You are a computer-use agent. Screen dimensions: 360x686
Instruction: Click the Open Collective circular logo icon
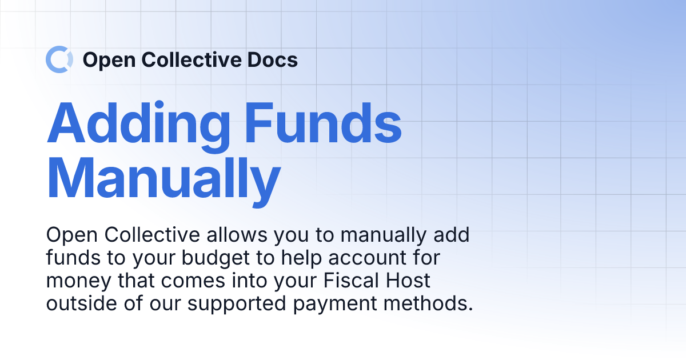(x=59, y=59)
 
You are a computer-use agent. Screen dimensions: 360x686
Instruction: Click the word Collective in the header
(x=191, y=59)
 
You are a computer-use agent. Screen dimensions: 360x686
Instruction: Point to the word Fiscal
(x=349, y=281)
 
